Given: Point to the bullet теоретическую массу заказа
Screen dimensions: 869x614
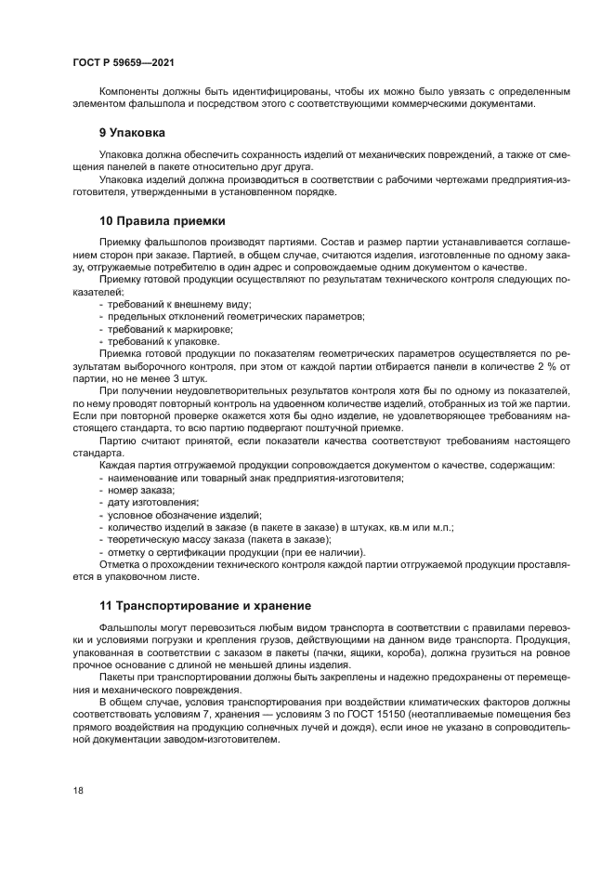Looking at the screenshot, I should pyautogui.click(x=219, y=538).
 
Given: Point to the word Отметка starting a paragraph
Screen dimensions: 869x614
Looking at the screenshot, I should pyautogui.click(x=123, y=563).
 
